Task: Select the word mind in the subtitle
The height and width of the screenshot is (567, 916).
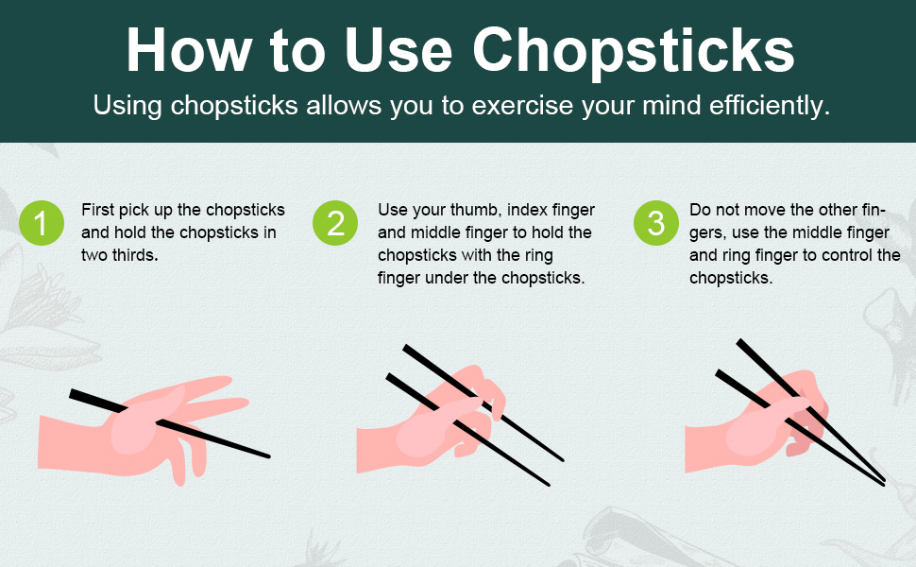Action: click(616, 105)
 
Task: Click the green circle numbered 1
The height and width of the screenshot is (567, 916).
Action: click(42, 223)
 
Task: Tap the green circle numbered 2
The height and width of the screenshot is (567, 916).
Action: click(335, 223)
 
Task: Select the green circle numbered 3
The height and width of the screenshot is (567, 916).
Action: click(655, 223)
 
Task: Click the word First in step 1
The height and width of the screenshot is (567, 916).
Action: click(99, 210)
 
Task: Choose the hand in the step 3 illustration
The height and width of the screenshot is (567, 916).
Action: click(755, 425)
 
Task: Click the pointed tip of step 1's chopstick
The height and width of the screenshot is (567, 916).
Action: click(268, 456)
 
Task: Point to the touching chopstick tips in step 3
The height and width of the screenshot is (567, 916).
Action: click(882, 482)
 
